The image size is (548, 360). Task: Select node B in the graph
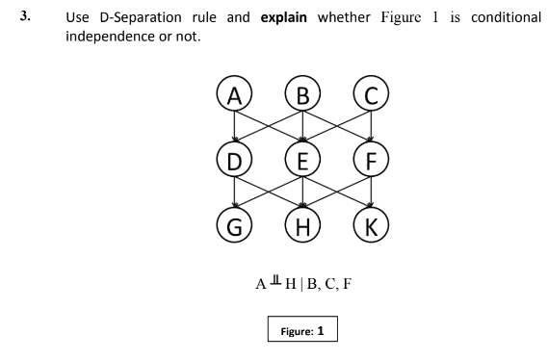[303, 98]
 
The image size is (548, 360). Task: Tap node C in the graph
[373, 98]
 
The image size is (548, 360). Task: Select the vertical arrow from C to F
[373, 127]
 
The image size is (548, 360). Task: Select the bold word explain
[286, 17]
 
